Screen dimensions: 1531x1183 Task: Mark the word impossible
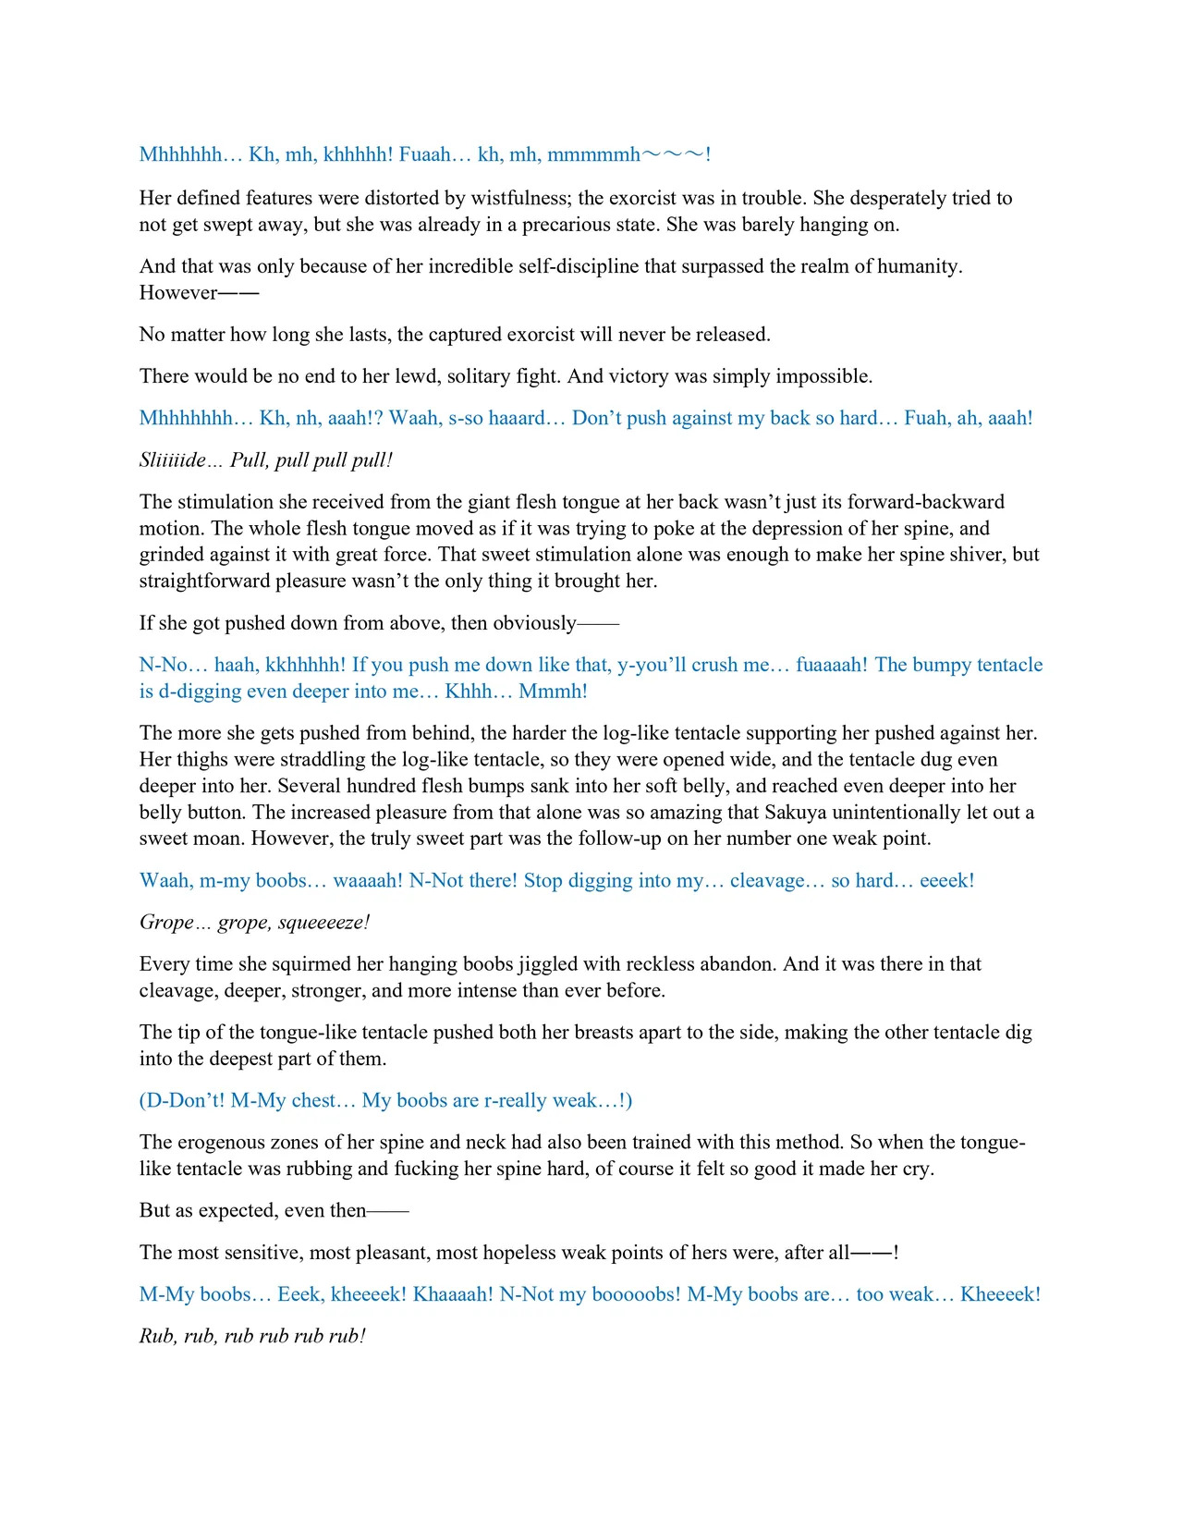(823, 376)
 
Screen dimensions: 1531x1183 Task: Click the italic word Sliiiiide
(173, 460)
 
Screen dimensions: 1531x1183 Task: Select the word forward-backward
(925, 502)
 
